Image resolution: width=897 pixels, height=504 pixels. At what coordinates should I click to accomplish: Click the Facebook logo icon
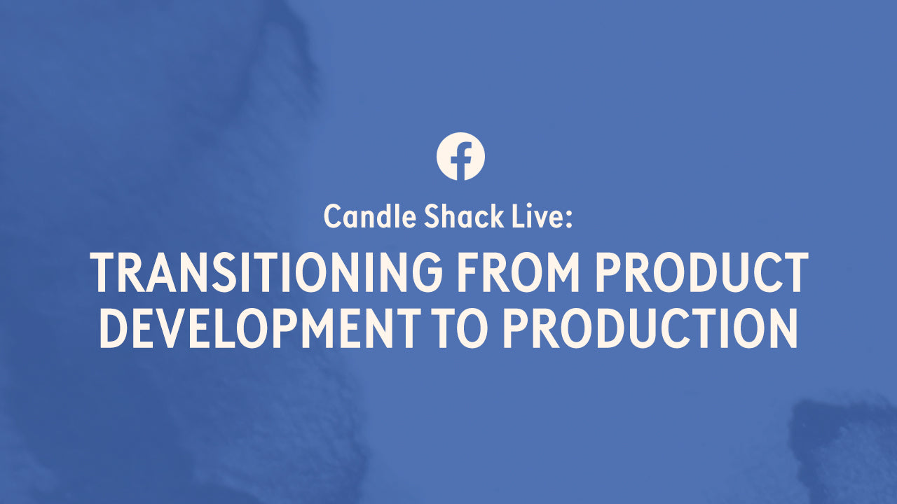click(x=460, y=156)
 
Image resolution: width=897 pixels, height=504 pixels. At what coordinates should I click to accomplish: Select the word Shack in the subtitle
click(x=464, y=216)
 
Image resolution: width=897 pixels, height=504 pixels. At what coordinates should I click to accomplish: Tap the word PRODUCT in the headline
click(x=701, y=272)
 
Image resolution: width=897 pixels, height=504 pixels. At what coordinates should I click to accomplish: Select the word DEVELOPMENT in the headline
click(x=260, y=328)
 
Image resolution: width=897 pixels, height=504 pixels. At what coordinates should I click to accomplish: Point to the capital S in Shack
click(x=432, y=216)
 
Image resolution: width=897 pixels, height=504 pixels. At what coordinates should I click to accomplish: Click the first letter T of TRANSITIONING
click(x=104, y=272)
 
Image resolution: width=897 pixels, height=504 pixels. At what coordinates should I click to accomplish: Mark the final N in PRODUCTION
click(x=783, y=328)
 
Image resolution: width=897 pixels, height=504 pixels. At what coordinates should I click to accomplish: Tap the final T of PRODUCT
click(x=794, y=272)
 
